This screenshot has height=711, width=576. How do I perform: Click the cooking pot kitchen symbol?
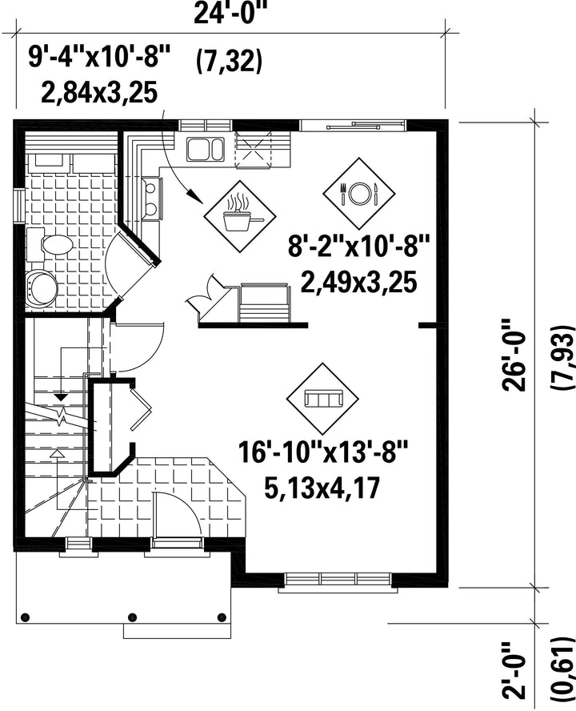(x=240, y=216)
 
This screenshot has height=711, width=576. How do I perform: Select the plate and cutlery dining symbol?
(x=359, y=194)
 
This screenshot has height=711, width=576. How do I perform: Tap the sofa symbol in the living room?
(x=323, y=399)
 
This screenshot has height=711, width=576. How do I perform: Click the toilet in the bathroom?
(x=50, y=245)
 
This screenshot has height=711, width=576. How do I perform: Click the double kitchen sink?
(x=205, y=149)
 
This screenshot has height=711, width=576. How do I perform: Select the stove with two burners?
(x=152, y=199)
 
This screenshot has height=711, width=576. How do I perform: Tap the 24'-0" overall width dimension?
(x=229, y=14)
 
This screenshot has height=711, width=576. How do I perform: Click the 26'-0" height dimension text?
(x=514, y=355)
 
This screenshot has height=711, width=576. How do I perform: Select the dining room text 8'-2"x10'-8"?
(x=358, y=248)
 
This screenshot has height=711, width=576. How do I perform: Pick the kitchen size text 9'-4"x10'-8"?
(x=98, y=58)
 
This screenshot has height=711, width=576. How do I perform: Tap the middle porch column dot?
(x=133, y=617)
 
